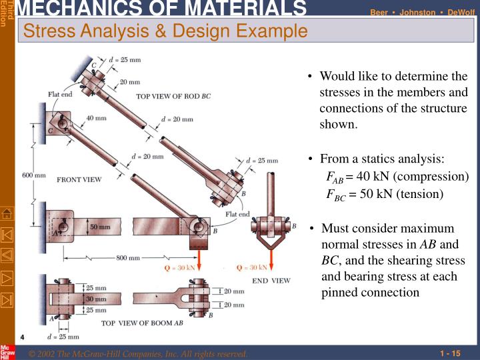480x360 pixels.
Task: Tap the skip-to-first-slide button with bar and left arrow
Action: pos(7,234)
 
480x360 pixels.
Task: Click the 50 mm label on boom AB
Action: pos(100,227)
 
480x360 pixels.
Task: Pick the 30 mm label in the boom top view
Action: pos(95,300)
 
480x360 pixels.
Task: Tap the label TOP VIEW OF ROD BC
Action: pos(173,96)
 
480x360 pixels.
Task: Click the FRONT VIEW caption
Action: pos(79,180)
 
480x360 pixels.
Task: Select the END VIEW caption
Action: pos(271,281)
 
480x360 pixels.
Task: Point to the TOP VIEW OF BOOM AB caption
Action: pos(142,323)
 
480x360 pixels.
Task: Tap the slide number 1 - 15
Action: pos(451,353)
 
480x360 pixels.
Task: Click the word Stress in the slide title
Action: pos(45,31)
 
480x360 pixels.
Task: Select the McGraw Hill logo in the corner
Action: pos(7,352)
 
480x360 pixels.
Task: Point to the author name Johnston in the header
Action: pos(417,12)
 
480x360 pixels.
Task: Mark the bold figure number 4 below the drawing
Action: pos(22,336)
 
